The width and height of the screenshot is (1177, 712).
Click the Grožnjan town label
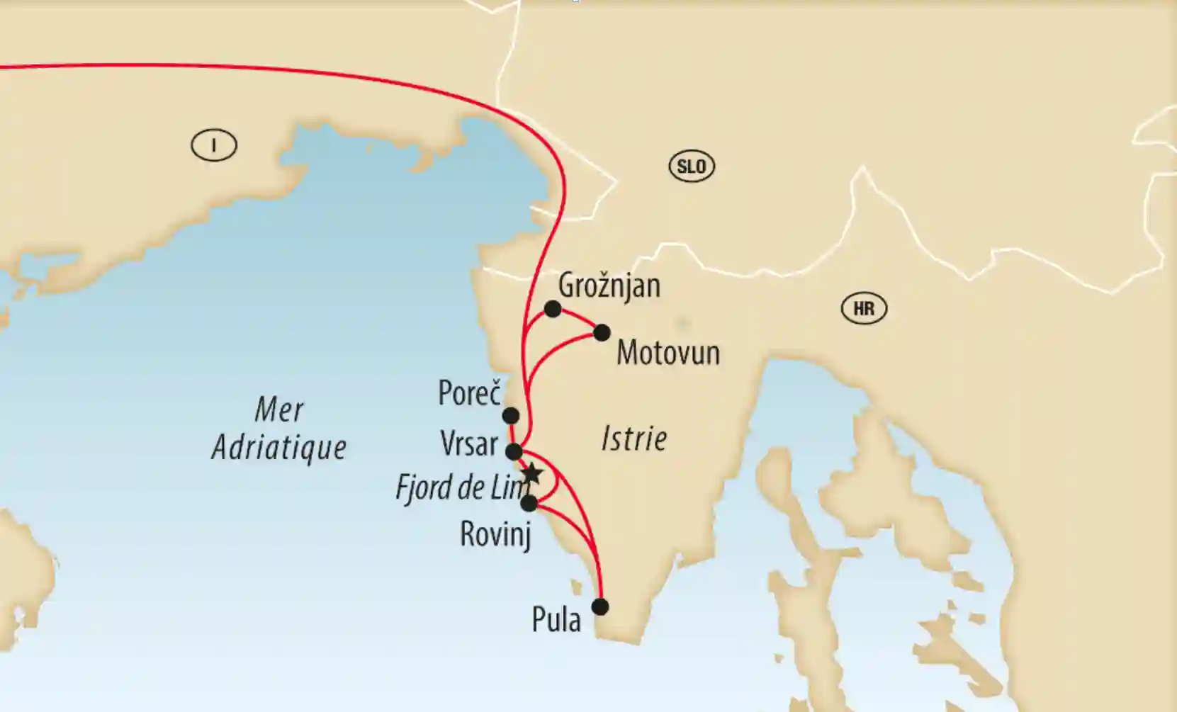(x=609, y=286)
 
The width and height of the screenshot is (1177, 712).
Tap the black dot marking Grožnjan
(x=553, y=309)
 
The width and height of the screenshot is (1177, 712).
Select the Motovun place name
(x=668, y=353)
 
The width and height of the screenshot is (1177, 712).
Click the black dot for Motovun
(x=602, y=332)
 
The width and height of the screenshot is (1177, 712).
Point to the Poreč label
(x=469, y=393)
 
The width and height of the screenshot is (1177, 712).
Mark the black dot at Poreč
(x=510, y=415)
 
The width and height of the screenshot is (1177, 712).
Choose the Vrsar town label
(x=469, y=444)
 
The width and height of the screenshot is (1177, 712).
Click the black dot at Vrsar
(x=514, y=451)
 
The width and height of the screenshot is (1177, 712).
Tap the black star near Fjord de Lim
(x=531, y=474)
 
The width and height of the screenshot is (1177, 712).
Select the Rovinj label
(x=495, y=533)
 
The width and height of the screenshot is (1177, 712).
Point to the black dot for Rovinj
(x=529, y=504)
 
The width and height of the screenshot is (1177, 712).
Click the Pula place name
(x=556, y=620)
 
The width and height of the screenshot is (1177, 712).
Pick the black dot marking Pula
(x=600, y=607)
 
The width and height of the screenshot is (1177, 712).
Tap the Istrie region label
(x=634, y=439)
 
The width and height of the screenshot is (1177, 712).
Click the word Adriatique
(x=279, y=448)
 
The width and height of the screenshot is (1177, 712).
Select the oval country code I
(x=214, y=146)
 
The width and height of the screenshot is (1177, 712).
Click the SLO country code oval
(x=692, y=166)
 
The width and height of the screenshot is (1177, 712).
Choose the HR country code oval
(x=864, y=309)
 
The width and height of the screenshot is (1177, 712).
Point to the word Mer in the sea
(x=279, y=409)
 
